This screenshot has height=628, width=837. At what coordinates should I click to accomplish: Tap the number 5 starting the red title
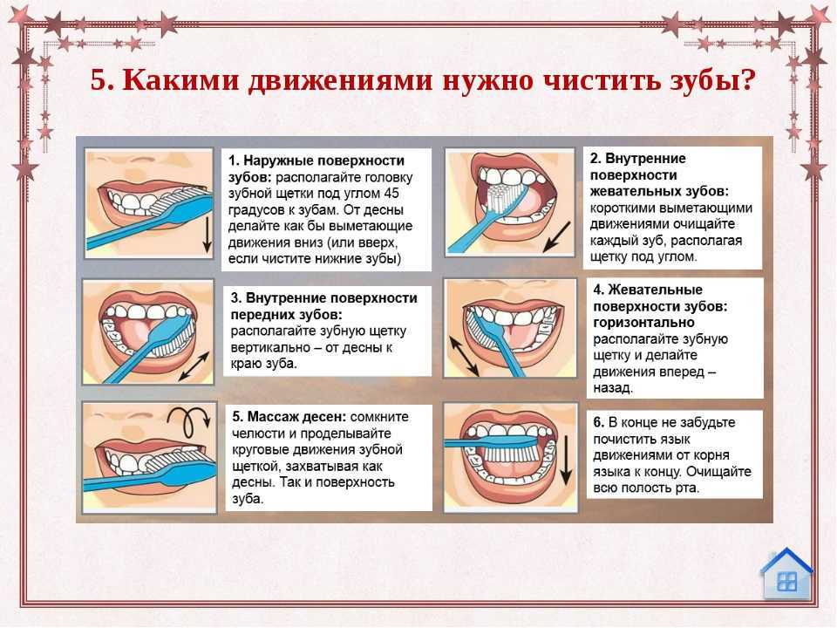(99, 80)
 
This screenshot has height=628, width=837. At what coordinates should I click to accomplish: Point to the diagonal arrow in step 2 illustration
(557, 237)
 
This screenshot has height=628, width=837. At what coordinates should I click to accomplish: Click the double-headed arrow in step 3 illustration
(194, 367)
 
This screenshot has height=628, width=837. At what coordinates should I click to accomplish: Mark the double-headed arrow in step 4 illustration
(463, 355)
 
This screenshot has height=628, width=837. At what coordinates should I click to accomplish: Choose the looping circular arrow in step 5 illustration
(187, 420)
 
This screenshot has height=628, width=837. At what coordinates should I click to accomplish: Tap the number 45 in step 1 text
(391, 194)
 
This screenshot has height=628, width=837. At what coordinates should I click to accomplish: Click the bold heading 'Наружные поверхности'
(323, 160)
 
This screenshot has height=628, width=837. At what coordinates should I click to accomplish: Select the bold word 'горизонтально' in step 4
(643, 323)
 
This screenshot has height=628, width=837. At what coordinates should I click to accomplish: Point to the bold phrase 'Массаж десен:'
(296, 417)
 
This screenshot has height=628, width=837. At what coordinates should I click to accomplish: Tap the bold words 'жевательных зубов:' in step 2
(659, 191)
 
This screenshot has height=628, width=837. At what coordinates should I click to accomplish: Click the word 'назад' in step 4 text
(612, 387)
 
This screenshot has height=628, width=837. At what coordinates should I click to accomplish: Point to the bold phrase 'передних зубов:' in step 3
(286, 315)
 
